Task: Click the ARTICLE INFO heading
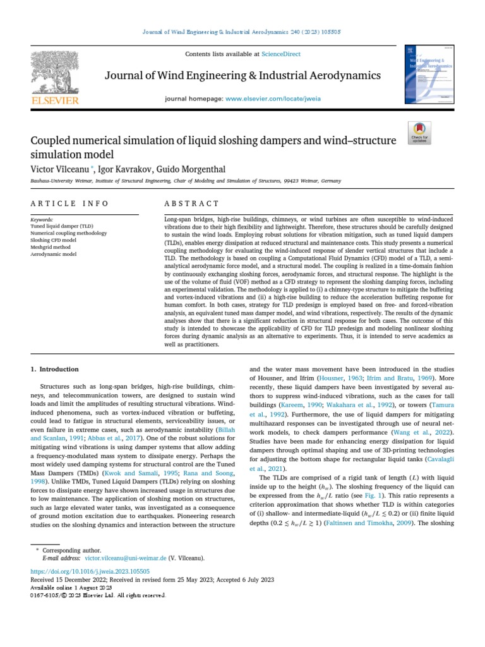pyautogui.click(x=69, y=203)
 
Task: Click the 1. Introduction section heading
pyautogui.click(x=55, y=369)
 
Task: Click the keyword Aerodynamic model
pyautogui.click(x=53, y=254)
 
